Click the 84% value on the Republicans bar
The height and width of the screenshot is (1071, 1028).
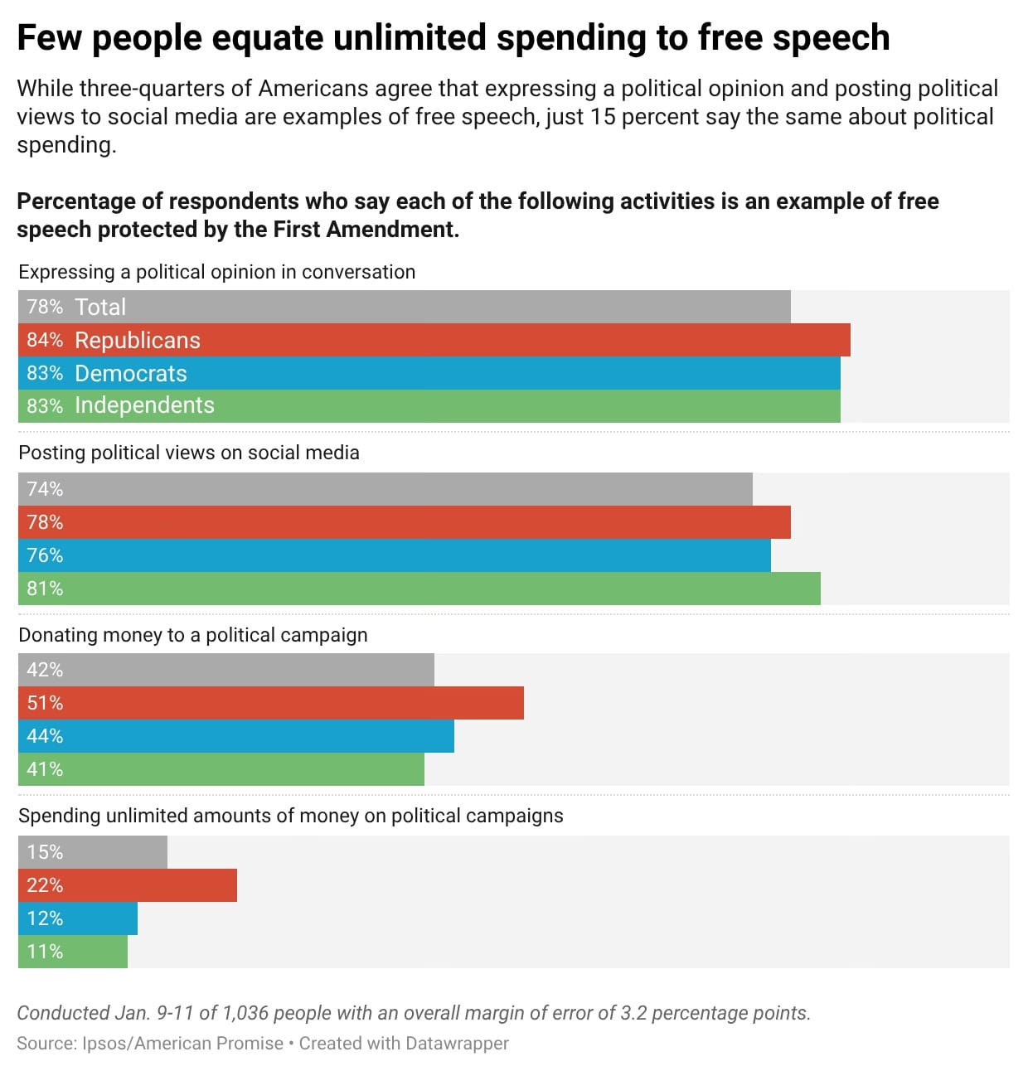click(45, 340)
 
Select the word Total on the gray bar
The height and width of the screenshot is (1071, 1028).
click(100, 307)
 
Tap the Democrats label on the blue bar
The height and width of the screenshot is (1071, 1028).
click(131, 373)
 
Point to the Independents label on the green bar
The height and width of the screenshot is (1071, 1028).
click(144, 405)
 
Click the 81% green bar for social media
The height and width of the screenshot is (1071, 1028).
click(419, 589)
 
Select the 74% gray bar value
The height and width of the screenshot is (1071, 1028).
click(45, 489)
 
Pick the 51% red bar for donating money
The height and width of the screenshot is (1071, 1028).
click(271, 703)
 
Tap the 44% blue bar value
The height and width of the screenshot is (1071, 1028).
click(45, 736)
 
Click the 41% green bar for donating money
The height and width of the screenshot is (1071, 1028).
click(221, 769)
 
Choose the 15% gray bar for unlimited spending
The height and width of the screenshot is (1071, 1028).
click(93, 852)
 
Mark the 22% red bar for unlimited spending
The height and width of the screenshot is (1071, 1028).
click(128, 885)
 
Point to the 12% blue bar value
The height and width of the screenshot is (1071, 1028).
click(45, 918)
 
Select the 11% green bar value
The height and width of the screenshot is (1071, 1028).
click(45, 952)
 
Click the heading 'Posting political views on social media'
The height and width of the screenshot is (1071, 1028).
click(189, 453)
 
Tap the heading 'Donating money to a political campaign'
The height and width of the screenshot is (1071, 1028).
click(193, 635)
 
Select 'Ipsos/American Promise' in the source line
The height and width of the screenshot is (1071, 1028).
click(183, 1044)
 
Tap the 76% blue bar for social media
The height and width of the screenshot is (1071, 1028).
click(395, 555)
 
